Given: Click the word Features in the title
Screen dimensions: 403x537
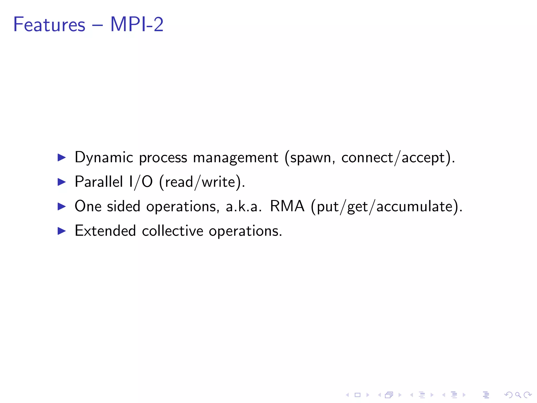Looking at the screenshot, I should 49,24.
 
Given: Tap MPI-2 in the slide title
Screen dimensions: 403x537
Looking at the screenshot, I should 137,24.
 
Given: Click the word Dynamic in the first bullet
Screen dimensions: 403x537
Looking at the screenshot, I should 104,157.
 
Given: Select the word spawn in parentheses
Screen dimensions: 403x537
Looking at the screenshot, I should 310,158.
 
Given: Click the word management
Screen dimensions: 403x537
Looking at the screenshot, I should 235,158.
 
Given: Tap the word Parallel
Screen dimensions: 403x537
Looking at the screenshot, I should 99,182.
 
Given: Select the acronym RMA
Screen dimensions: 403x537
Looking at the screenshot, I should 287,206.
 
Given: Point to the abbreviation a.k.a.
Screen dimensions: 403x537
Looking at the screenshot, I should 244,206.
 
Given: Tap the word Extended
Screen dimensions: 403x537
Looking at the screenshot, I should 105,231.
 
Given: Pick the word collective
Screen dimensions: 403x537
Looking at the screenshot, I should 173,231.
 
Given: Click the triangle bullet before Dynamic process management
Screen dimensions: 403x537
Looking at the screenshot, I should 62,157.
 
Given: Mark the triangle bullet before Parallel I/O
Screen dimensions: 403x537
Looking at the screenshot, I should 62,182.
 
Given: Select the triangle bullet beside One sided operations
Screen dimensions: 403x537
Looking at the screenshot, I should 62,206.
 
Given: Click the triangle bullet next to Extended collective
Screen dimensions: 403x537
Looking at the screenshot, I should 62,231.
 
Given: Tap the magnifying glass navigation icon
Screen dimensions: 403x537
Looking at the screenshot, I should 518,395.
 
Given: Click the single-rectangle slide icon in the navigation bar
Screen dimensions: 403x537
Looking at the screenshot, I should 357,395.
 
